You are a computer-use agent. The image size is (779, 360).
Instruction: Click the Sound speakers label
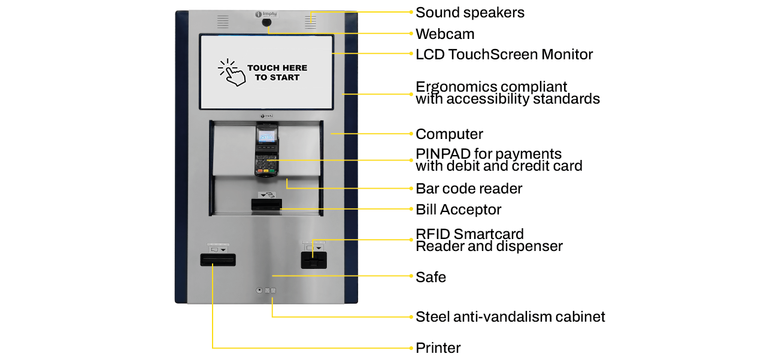pos(469,12)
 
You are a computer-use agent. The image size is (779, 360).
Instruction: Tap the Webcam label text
pos(444,34)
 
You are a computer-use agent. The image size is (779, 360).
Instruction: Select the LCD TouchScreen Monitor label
pos(504,55)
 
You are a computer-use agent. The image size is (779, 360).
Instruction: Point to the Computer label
pos(449,134)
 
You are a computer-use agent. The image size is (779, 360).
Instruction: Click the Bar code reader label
pos(469,189)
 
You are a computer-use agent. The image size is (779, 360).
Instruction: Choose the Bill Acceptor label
pos(458,209)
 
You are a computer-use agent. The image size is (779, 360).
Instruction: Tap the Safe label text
pos(431,277)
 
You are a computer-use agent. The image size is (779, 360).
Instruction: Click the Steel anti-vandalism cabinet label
pos(510,317)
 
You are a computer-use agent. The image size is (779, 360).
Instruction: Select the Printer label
pos(438,348)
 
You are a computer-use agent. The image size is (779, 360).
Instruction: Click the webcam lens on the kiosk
pos(266,23)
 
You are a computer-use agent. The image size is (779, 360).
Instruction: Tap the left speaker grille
pos(223,22)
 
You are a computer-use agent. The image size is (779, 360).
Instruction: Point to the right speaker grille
pos(310,22)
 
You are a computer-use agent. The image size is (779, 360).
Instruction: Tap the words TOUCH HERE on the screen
pos(277,68)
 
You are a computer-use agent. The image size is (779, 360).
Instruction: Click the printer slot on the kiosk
pos(217,259)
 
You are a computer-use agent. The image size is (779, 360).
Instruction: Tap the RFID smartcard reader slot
pos(314,261)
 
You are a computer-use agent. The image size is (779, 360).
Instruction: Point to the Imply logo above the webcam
pos(266,13)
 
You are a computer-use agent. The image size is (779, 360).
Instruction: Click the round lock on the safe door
pos(259,291)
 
